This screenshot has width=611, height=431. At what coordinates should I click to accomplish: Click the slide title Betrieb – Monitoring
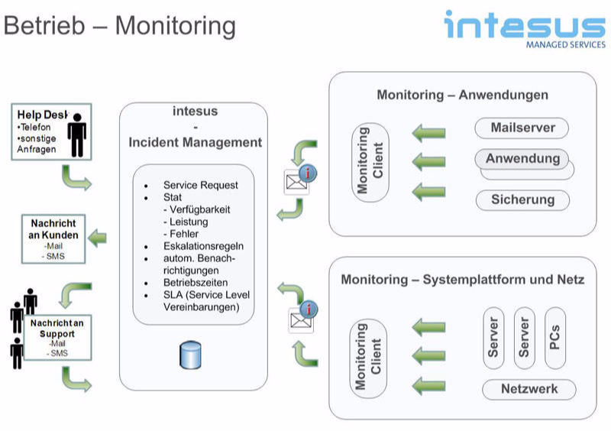pyautogui.click(x=120, y=25)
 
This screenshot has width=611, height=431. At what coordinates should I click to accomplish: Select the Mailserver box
pyautogui.click(x=522, y=127)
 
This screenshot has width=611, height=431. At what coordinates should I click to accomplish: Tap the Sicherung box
pyautogui.click(x=522, y=200)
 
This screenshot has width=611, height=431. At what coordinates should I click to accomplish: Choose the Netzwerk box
pyautogui.click(x=529, y=389)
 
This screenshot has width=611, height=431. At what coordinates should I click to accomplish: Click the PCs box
pyautogui.click(x=555, y=337)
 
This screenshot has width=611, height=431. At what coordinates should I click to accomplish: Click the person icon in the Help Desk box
pyautogui.click(x=76, y=134)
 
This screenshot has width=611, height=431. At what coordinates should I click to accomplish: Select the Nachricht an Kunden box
pyautogui.click(x=53, y=239)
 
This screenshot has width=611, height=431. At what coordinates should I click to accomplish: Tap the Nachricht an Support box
pyautogui.click(x=57, y=338)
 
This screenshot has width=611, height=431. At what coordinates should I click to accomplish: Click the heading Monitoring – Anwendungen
pyautogui.click(x=462, y=96)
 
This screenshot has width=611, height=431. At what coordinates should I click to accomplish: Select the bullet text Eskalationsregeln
pyautogui.click(x=202, y=246)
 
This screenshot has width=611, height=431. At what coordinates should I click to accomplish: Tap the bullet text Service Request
pyautogui.click(x=200, y=185)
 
